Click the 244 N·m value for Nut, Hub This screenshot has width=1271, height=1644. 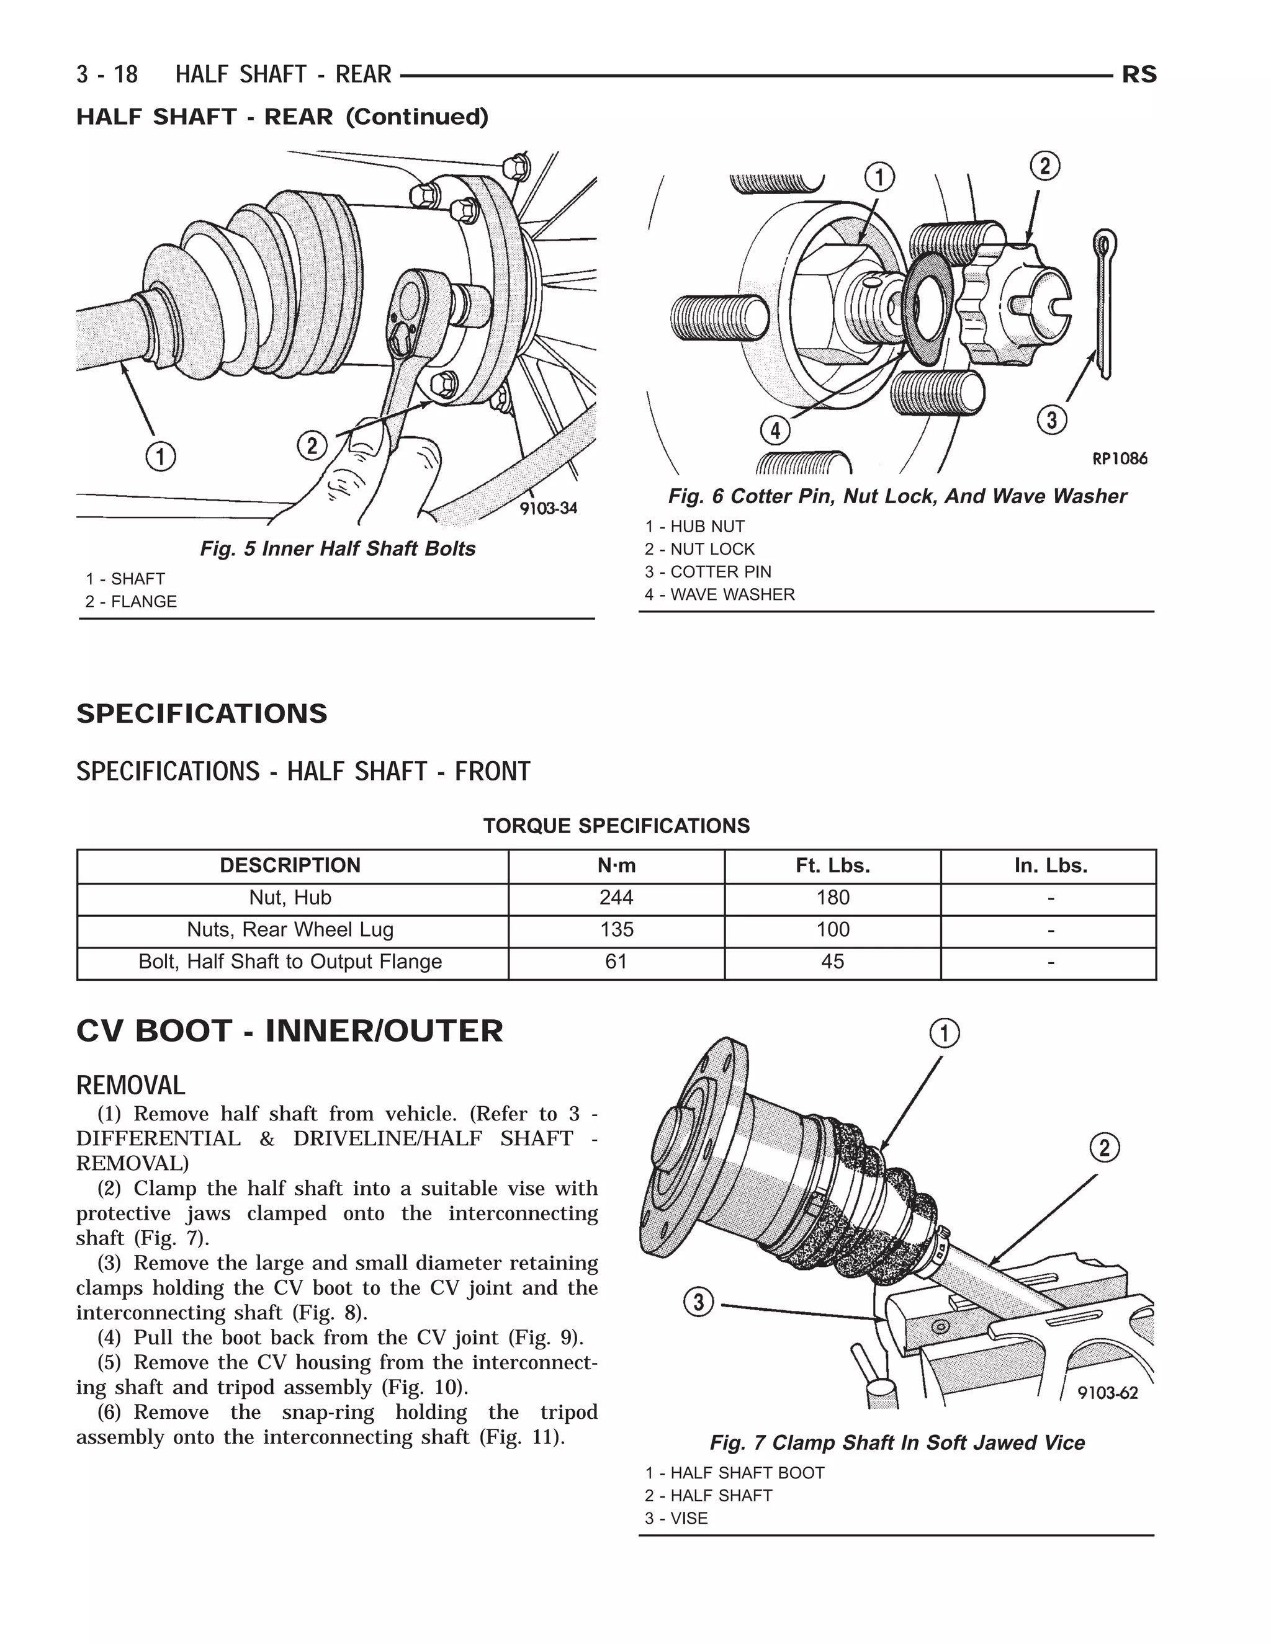coord(616,897)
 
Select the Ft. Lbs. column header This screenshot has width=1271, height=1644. coord(832,865)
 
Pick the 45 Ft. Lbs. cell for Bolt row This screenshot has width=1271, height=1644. coord(832,961)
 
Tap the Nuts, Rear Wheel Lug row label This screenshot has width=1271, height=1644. coord(290,930)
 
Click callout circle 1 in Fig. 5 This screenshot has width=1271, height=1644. coord(160,456)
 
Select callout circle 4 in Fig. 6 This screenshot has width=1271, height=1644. coord(775,431)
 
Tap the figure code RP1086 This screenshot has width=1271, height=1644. coord(1120,458)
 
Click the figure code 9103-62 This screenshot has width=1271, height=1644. coord(1108,1393)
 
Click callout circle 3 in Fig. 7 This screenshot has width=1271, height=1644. coord(699,1302)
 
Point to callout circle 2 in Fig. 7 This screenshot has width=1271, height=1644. coord(1105,1149)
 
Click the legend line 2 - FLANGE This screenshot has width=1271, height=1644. coord(131,601)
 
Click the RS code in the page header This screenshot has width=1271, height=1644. coord(1138,74)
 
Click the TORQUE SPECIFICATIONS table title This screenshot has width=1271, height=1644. coord(616,826)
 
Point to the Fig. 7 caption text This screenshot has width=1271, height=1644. coord(897,1443)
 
